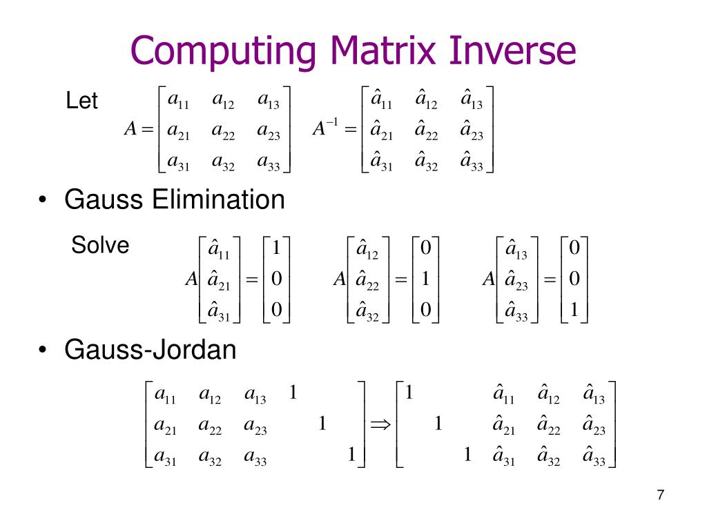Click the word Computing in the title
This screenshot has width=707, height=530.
(x=223, y=51)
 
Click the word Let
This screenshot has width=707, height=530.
(x=81, y=100)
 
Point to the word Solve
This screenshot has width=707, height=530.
(x=100, y=245)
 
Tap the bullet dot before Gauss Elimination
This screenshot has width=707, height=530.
(x=42, y=199)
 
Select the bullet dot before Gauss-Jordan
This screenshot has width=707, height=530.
(x=42, y=350)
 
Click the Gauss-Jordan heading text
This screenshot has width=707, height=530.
(x=150, y=350)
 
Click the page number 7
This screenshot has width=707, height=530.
(x=661, y=495)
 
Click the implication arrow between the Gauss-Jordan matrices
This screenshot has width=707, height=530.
(x=380, y=424)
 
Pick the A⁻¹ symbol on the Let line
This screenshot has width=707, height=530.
(x=325, y=128)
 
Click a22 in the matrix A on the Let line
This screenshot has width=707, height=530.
(x=223, y=132)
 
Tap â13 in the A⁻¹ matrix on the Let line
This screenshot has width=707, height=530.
(x=471, y=100)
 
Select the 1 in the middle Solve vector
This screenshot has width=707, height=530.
(x=425, y=279)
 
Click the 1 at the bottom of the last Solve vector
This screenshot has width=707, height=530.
(x=574, y=310)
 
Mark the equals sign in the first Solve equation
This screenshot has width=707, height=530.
(x=251, y=280)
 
